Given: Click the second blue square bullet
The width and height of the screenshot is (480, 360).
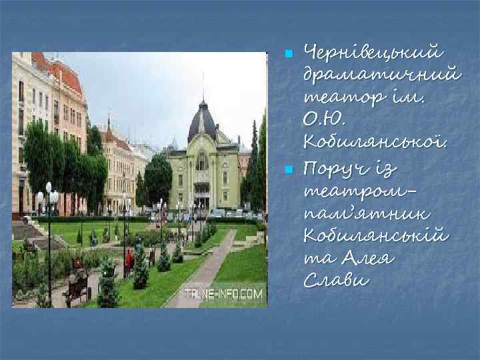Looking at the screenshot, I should click(288, 171).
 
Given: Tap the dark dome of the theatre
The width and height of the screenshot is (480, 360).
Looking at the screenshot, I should click(202, 124).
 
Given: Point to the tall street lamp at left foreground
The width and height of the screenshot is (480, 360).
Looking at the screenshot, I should click(48, 233).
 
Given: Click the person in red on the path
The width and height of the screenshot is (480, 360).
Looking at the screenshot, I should click(129, 260).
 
